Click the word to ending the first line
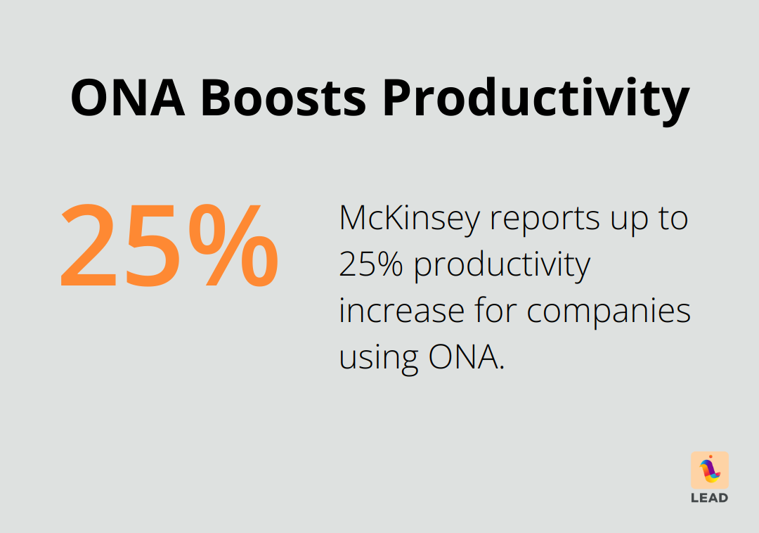672,219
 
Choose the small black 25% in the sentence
372,265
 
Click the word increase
403,311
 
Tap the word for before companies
498,310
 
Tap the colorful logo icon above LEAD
710,470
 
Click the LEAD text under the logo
710,498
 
